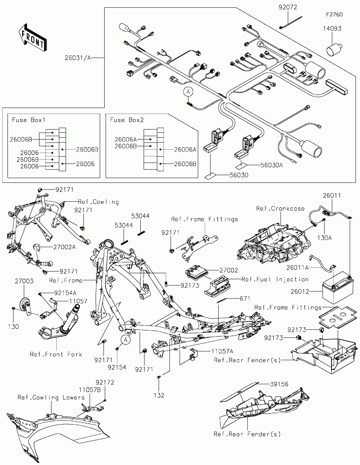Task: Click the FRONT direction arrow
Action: [x=33, y=37]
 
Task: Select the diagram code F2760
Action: [x=334, y=15]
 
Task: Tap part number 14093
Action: [x=332, y=28]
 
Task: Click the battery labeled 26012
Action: [x=338, y=287]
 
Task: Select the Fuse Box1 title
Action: [x=28, y=120]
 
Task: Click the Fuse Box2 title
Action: [x=127, y=120]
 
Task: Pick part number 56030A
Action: [x=271, y=165]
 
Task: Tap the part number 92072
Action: [x=288, y=7]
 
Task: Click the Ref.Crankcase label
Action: [x=280, y=208]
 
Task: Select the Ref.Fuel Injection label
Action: [x=275, y=279]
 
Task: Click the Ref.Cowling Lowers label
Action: [x=51, y=397]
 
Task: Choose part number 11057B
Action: [x=90, y=390]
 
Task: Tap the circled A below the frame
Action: [x=125, y=340]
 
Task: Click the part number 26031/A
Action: [x=78, y=58]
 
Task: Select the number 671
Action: [x=245, y=298]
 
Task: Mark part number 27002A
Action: [x=64, y=247]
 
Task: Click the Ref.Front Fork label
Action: [x=56, y=354]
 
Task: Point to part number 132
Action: [x=159, y=395]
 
